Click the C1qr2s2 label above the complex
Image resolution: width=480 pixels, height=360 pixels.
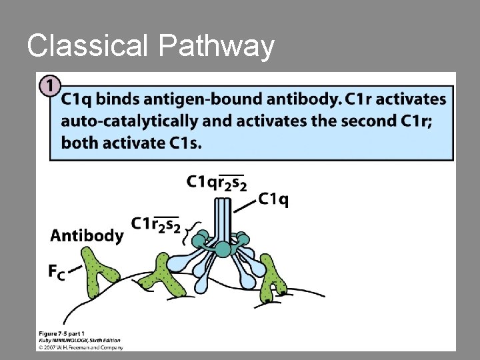[217, 181]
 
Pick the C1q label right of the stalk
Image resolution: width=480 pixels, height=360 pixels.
[273, 199]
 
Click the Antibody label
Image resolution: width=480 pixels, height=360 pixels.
[87, 235]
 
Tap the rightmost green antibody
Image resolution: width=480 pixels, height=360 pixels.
[272, 277]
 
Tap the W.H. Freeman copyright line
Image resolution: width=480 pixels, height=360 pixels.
[81, 347]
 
